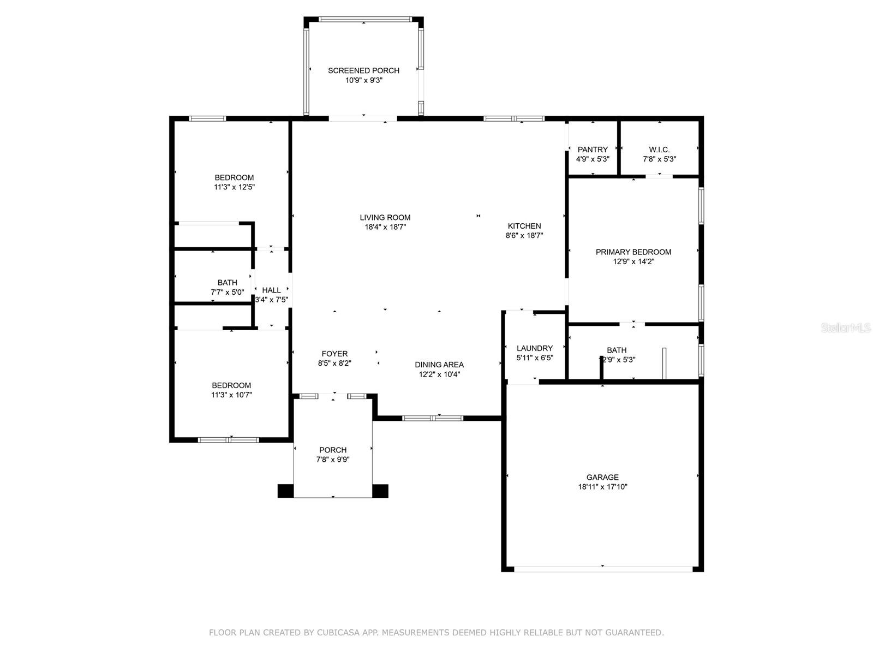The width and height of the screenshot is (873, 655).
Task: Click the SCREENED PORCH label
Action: point(363,70)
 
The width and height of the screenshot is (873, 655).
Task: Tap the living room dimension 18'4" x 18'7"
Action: point(385,227)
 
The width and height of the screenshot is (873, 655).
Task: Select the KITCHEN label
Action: point(524,226)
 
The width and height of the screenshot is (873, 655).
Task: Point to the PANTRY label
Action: point(593,150)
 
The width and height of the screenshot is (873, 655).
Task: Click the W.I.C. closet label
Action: point(660,150)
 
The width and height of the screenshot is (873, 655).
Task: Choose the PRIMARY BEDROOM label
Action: point(633,252)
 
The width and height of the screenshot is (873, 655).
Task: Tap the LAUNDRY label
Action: point(535,348)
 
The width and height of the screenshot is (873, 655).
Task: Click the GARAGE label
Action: point(602,477)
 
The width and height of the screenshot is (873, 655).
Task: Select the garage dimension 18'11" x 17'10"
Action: point(602,486)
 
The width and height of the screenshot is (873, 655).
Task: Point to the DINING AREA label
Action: point(439,364)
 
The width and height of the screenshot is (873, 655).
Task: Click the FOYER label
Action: point(334,354)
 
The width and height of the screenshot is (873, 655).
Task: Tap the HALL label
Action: point(271,290)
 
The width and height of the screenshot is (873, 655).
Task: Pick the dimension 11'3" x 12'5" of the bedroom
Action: point(234,187)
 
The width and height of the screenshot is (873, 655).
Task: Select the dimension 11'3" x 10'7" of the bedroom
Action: point(231,395)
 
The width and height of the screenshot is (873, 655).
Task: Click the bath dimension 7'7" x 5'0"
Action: point(227,293)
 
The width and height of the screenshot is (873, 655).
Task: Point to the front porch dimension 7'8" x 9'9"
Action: point(333,460)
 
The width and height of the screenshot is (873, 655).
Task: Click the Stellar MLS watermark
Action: point(846,327)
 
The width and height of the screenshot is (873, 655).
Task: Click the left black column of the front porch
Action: point(285,491)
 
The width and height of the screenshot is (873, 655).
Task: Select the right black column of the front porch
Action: point(380,491)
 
